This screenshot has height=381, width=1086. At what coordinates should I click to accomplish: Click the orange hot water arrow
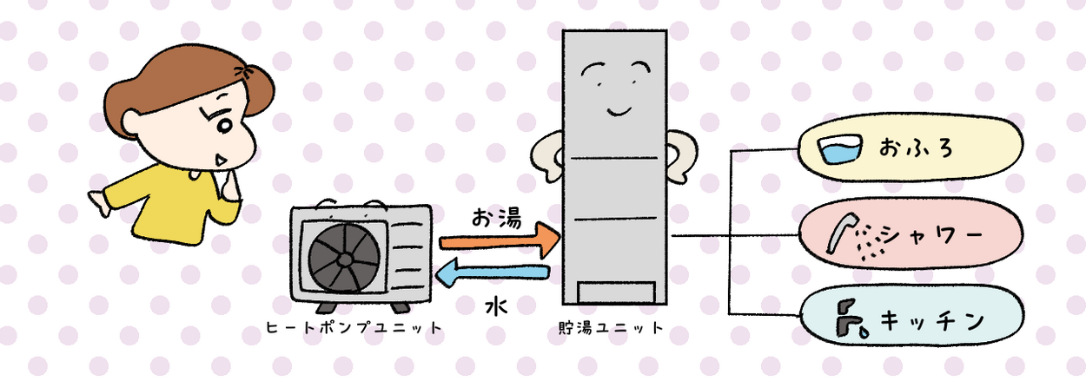click(500, 240)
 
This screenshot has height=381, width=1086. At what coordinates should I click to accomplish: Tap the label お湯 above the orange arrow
click(496, 218)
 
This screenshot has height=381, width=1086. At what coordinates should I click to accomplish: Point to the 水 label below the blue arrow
click(496, 306)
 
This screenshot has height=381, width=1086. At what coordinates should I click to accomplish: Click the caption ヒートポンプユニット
click(354, 328)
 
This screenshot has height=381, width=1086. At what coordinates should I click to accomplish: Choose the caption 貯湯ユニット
click(611, 328)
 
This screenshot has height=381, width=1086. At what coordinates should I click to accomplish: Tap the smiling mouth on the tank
click(619, 112)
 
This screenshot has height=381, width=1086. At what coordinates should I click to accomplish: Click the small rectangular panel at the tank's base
click(616, 292)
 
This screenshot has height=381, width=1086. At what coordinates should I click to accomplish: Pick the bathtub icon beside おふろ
click(840, 149)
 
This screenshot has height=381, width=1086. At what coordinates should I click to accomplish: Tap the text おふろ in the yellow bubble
click(916, 148)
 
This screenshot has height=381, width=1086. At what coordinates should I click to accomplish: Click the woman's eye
click(224, 126)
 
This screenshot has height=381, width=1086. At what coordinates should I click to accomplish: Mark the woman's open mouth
click(220, 161)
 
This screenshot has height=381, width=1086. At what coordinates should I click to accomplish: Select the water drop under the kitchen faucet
click(864, 332)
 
